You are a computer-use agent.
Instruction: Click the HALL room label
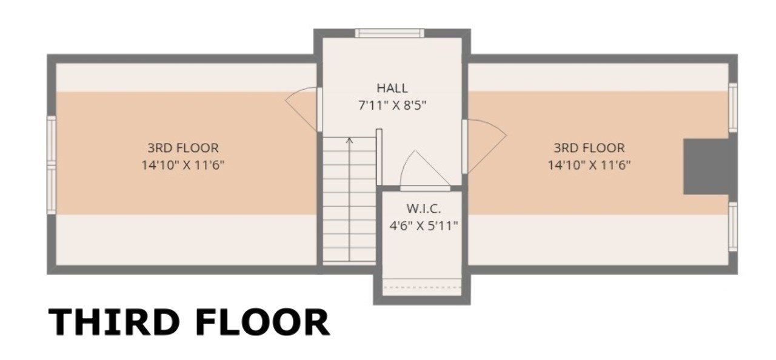[x=392, y=88]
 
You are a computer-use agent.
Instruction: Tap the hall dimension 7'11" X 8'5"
[x=392, y=105]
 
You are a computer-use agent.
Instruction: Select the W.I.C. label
[x=423, y=208]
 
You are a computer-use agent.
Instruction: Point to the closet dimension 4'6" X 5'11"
[x=423, y=226]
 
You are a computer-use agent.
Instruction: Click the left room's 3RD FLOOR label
[x=183, y=148]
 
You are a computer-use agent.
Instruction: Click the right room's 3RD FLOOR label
[x=589, y=148]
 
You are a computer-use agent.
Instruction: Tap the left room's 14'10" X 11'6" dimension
[x=183, y=165]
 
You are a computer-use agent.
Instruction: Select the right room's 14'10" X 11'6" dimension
[x=589, y=165]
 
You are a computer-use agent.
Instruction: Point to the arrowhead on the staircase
[x=349, y=140]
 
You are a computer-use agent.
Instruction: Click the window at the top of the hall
[x=389, y=33]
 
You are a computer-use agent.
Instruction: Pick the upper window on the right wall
[x=732, y=107]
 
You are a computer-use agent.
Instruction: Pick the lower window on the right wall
[x=732, y=227]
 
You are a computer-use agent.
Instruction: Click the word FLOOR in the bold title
[x=263, y=322]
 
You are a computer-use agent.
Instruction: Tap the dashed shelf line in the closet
[x=422, y=287]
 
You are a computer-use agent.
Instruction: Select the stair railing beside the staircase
[x=379, y=157]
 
